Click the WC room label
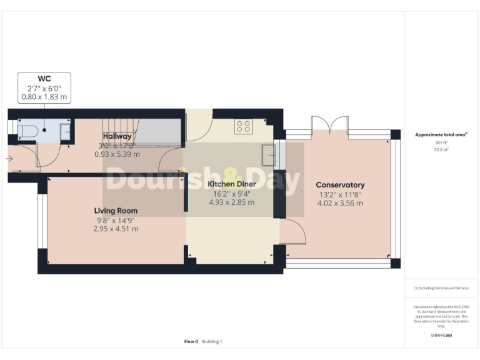tap(44, 79)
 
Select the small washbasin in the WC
tap(65, 131)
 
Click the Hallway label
tap(117, 136)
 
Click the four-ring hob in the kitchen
tap(243, 127)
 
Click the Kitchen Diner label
tap(231, 184)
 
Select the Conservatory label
tap(340, 185)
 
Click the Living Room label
tap(116, 211)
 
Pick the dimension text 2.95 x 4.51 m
tap(116, 229)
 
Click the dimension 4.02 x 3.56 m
tap(340, 203)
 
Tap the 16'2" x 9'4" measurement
tap(231, 194)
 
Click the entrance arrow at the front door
tap(9, 159)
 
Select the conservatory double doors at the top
tap(328, 123)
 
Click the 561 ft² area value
tap(442, 142)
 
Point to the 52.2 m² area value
tap(442, 150)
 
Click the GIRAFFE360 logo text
tap(441, 336)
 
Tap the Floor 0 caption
tap(191, 341)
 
